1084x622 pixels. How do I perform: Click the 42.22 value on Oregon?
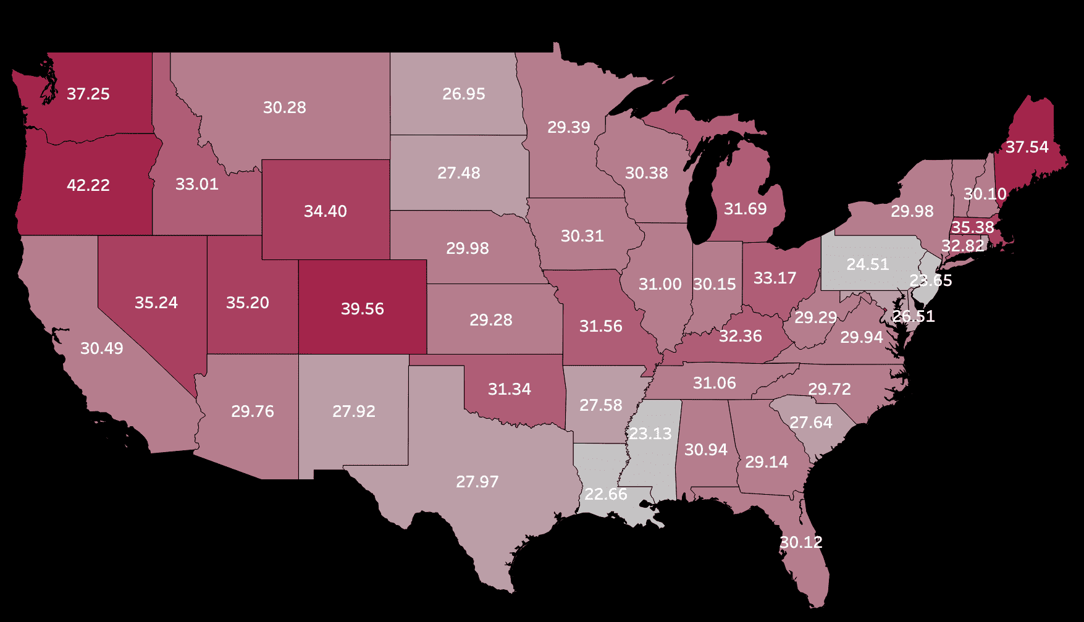pyautogui.click(x=88, y=185)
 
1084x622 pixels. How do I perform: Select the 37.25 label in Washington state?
pyautogui.click(x=88, y=94)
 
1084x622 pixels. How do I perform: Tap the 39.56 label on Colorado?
pyautogui.click(x=363, y=309)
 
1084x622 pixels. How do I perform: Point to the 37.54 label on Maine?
pyautogui.click(x=1027, y=147)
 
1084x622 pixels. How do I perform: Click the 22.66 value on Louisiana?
pyautogui.click(x=605, y=494)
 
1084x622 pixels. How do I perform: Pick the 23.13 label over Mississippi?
pyautogui.click(x=650, y=434)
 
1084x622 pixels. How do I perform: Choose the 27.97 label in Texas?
pyautogui.click(x=477, y=482)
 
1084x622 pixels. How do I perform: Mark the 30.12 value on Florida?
pyautogui.click(x=800, y=542)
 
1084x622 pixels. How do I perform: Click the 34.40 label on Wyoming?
pyautogui.click(x=326, y=211)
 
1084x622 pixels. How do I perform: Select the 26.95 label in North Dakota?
pyautogui.click(x=463, y=94)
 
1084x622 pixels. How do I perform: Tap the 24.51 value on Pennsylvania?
pyautogui.click(x=867, y=264)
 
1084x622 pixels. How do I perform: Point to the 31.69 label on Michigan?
pyautogui.click(x=745, y=209)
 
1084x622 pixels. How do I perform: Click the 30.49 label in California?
pyautogui.click(x=102, y=348)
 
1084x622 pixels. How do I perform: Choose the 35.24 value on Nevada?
pyautogui.click(x=156, y=303)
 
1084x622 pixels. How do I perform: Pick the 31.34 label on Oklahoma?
pyautogui.click(x=509, y=389)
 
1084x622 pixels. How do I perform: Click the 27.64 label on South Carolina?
pyautogui.click(x=810, y=422)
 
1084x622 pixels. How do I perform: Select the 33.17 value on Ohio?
pyautogui.click(x=775, y=278)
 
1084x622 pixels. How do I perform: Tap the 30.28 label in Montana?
pyautogui.click(x=285, y=107)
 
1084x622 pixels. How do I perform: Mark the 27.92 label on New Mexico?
pyautogui.click(x=353, y=411)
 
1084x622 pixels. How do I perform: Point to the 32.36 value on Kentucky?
pyautogui.click(x=740, y=336)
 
